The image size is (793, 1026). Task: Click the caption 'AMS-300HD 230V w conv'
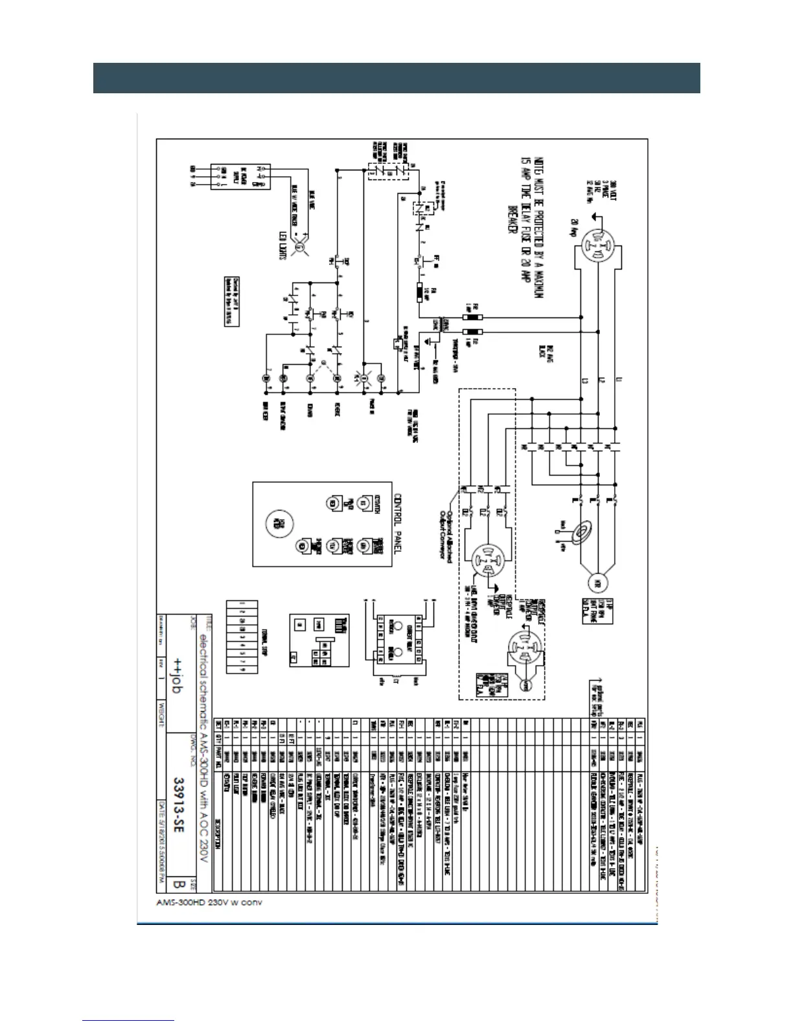pyautogui.click(x=209, y=902)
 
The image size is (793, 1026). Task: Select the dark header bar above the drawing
pyautogui.click(x=396, y=78)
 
